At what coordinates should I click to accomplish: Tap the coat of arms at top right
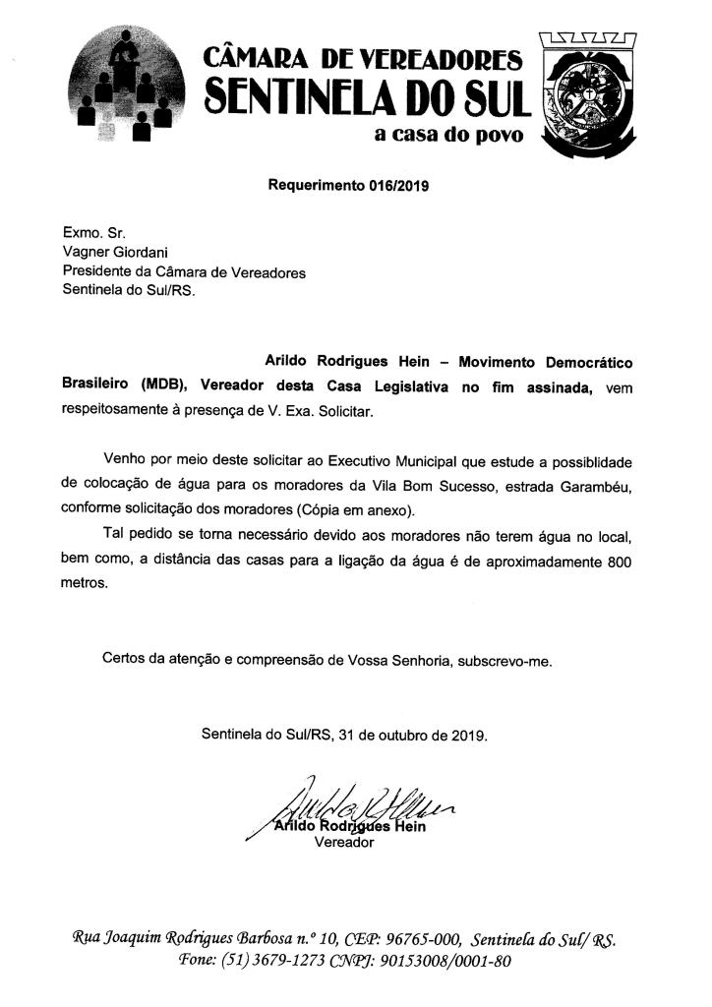pyautogui.click(x=588, y=94)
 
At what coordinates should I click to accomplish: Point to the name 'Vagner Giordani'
pyautogui.click(x=111, y=254)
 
